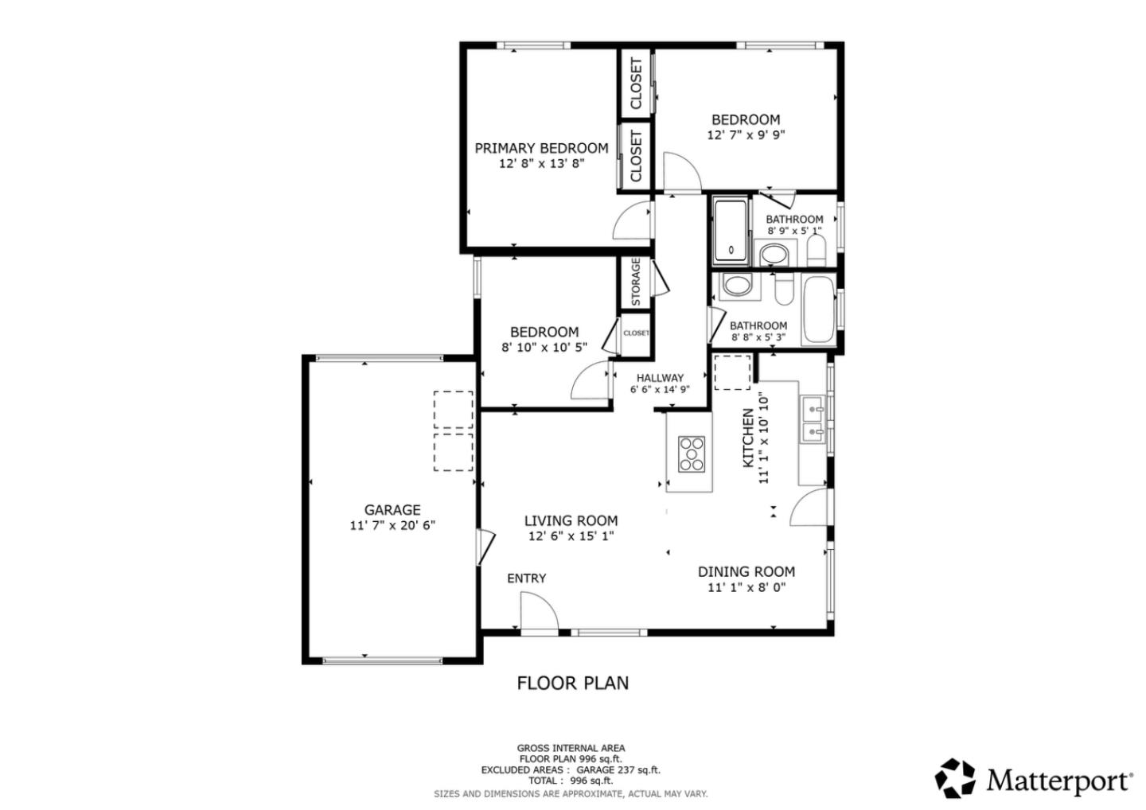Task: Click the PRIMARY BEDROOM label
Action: click(x=541, y=148)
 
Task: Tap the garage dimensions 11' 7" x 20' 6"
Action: click(x=392, y=525)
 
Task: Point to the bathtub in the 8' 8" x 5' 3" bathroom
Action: click(x=818, y=310)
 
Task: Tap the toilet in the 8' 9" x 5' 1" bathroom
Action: click(x=817, y=251)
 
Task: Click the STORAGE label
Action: click(x=635, y=282)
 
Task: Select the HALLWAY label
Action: click(x=660, y=378)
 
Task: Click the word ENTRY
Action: click(x=527, y=578)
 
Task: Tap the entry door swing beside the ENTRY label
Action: click(x=538, y=611)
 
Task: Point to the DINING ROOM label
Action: click(x=746, y=571)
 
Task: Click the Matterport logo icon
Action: click(x=955, y=778)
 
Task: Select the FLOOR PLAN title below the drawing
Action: click(x=572, y=683)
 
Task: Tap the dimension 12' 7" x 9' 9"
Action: click(x=746, y=135)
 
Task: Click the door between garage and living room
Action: click(x=484, y=547)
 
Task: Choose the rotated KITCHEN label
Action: click(x=748, y=438)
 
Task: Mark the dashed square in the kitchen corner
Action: click(x=731, y=372)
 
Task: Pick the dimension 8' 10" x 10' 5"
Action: click(x=544, y=348)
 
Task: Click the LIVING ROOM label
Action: click(x=571, y=521)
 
